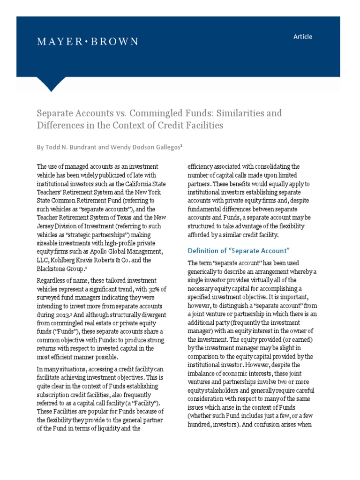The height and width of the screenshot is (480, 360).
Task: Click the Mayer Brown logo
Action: click(88, 42)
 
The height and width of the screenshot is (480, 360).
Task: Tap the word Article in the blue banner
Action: click(302, 37)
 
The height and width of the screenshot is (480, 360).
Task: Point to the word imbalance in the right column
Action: click(204, 364)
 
